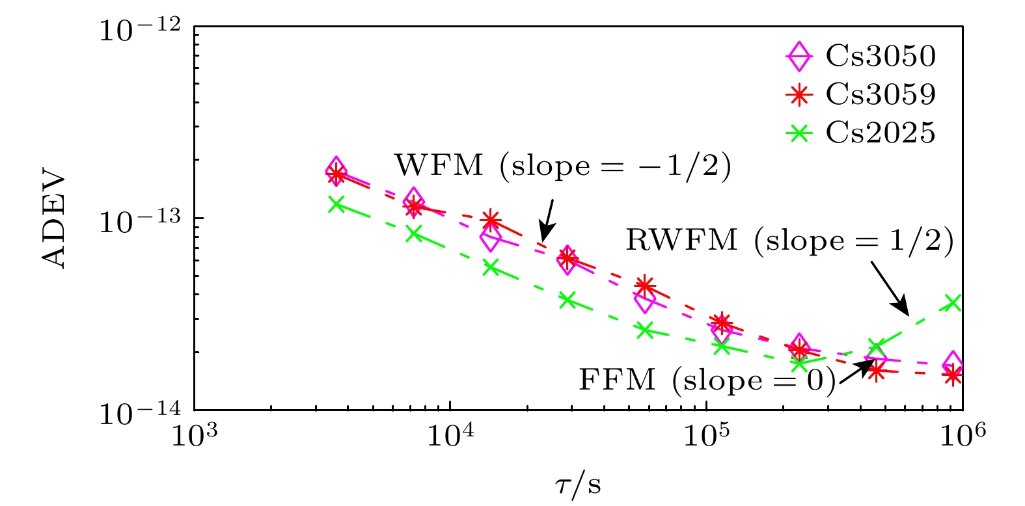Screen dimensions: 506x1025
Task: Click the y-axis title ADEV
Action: [x=54, y=220]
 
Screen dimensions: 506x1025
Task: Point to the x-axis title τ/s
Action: [x=578, y=485]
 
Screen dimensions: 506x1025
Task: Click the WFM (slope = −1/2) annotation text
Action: [x=563, y=166]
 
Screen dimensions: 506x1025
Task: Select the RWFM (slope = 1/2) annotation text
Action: [x=789, y=241]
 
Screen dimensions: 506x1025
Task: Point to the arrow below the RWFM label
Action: [x=889, y=287]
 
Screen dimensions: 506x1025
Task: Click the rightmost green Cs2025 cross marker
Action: [x=953, y=302]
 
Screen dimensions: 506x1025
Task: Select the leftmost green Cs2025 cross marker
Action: [x=336, y=204]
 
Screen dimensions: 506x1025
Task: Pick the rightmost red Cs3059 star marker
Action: [x=953, y=375]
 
